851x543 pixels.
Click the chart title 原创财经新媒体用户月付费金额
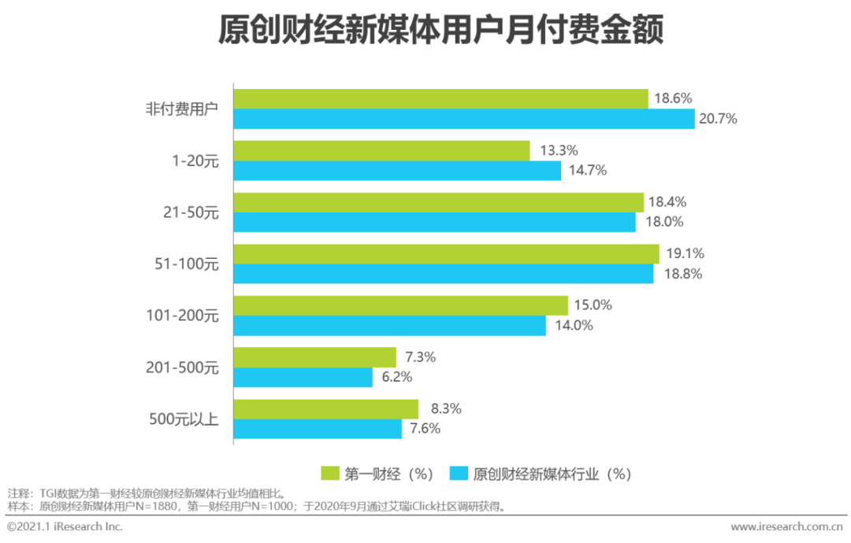(440, 31)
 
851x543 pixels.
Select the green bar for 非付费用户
(440, 98)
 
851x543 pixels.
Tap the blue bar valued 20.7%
(464, 119)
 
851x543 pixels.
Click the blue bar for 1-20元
(397, 171)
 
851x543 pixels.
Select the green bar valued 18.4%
(438, 202)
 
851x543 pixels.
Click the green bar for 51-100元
(446, 254)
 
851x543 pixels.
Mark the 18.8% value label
(682, 275)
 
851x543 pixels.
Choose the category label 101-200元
(182, 316)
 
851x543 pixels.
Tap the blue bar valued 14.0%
(389, 326)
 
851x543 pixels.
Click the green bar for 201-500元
(314, 357)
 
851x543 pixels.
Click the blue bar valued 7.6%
(318, 429)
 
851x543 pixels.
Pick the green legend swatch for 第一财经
(329, 473)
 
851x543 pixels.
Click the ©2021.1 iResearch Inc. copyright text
(65, 526)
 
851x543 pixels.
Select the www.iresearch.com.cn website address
(786, 526)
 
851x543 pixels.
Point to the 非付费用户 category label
(180, 109)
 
